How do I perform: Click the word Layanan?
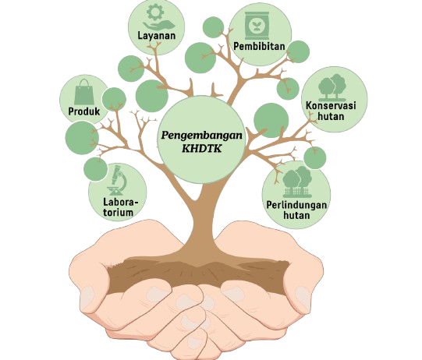[156, 36]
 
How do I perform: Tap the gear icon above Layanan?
[154, 12]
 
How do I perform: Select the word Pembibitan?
[259, 46]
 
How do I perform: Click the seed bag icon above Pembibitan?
[257, 25]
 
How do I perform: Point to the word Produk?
[84, 111]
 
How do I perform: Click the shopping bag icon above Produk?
[84, 92]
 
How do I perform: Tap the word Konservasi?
[331, 105]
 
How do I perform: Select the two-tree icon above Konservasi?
[332, 86]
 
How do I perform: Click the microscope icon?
[116, 180]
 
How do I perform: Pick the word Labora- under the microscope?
[120, 202]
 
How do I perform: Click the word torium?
[119, 213]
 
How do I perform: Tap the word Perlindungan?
[296, 206]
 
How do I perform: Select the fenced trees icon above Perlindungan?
[297, 182]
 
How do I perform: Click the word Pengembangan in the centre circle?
[201, 136]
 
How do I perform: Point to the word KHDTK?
[201, 149]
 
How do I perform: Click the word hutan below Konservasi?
[331, 116]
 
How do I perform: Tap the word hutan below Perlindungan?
[296, 215]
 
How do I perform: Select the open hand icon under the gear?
[159, 26]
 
